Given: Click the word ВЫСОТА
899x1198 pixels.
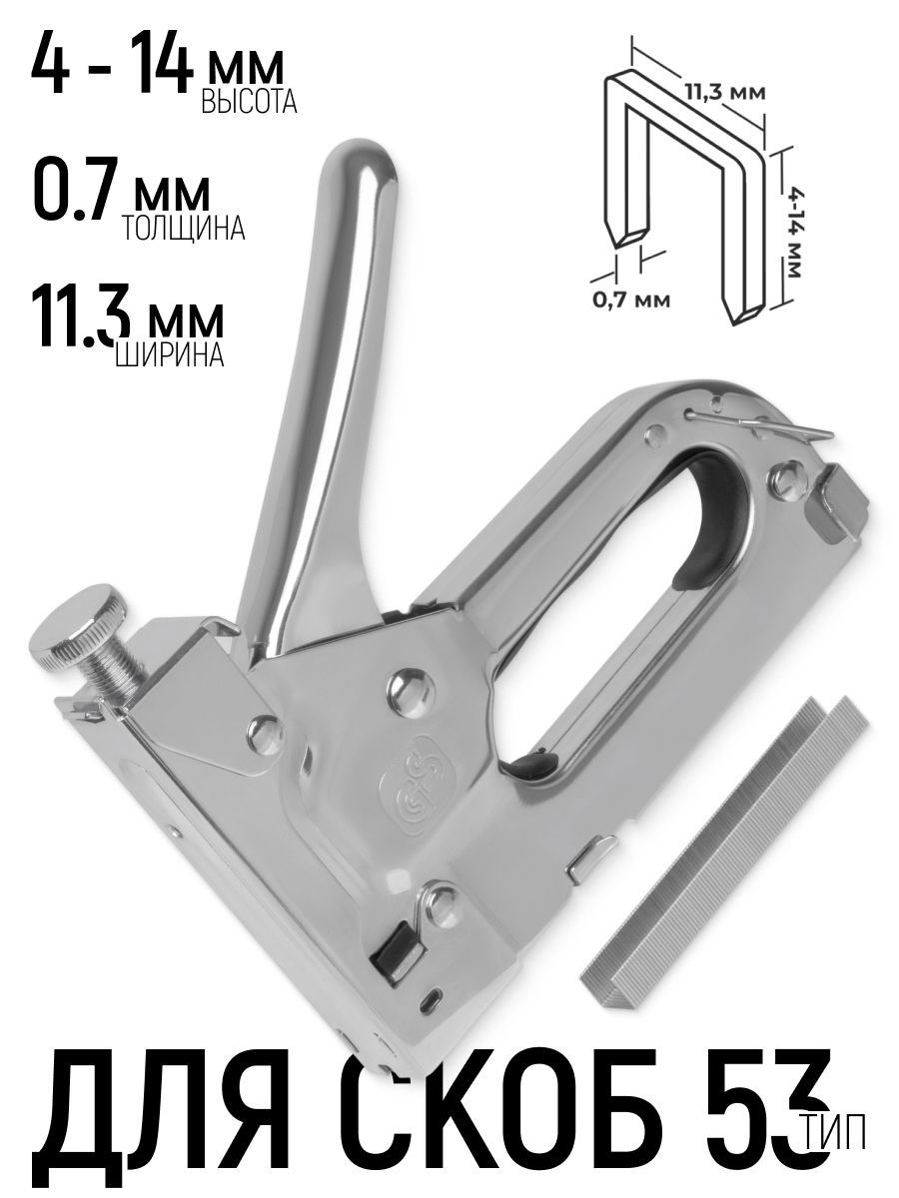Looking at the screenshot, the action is click(x=249, y=101).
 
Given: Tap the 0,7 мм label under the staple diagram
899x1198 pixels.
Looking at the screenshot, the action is click(x=630, y=300).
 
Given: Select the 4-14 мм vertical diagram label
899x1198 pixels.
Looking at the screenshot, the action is click(x=795, y=233).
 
